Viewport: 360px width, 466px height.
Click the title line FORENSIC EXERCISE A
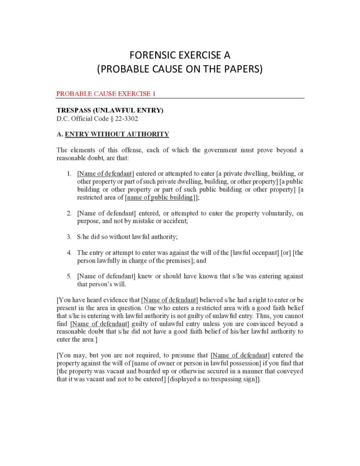180,56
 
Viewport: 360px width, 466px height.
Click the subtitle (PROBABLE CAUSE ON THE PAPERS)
180,70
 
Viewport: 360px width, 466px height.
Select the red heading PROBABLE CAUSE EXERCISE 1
106,94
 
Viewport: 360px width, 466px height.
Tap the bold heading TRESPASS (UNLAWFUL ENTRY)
110,111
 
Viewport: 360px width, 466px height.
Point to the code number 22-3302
123,118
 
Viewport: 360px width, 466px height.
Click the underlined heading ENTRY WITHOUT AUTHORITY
117,134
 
